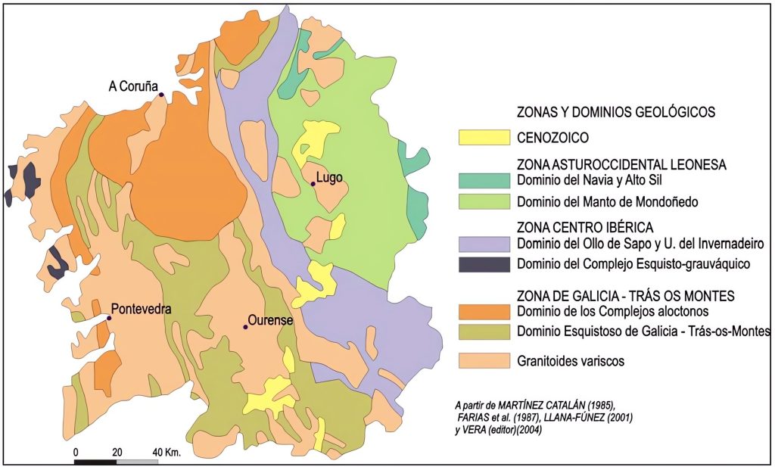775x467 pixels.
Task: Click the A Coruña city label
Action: (x=132, y=86)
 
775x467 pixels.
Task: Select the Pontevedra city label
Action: (x=142, y=309)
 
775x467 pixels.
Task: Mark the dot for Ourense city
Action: (x=245, y=327)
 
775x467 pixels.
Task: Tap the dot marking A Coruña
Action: (x=161, y=94)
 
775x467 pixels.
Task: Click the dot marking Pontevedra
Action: (x=109, y=318)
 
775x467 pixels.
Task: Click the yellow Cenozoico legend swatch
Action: (x=484, y=137)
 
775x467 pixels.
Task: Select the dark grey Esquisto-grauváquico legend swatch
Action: (x=484, y=264)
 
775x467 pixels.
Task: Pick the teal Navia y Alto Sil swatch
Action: (x=484, y=181)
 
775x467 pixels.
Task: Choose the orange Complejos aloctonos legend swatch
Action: (x=484, y=312)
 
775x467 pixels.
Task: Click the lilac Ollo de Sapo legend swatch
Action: (x=484, y=244)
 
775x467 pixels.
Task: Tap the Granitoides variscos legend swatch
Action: (x=484, y=361)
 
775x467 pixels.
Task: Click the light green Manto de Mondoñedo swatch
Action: (x=484, y=202)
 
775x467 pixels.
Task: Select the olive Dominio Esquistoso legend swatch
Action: (x=484, y=332)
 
